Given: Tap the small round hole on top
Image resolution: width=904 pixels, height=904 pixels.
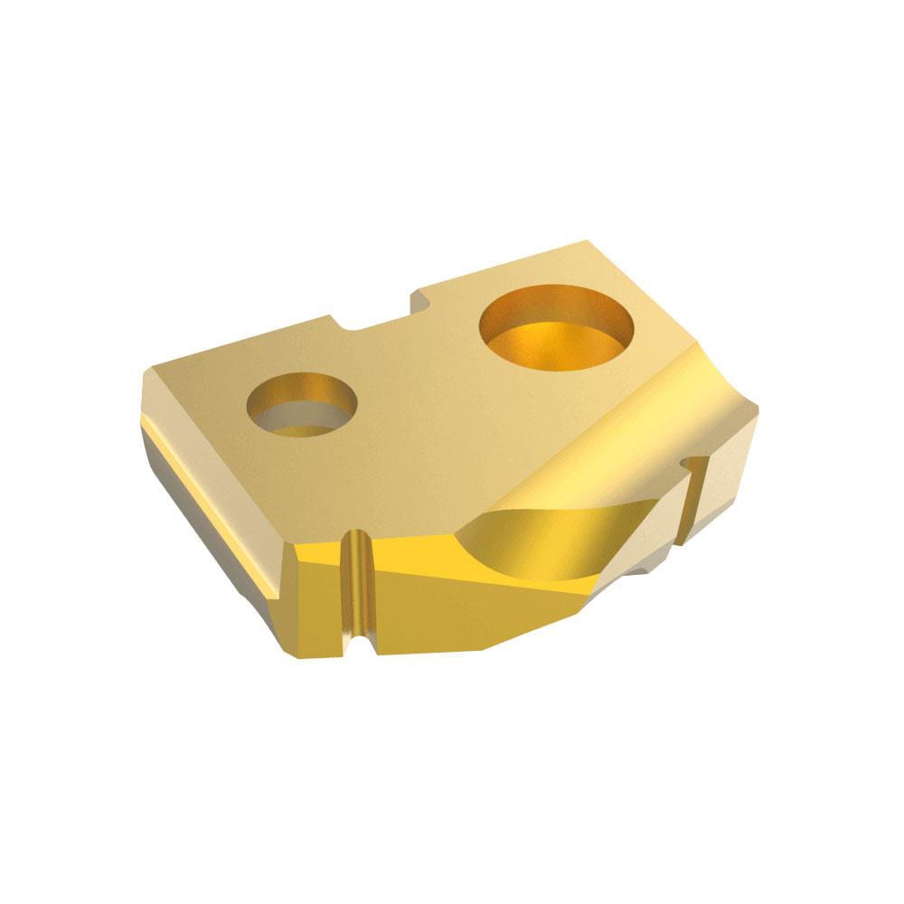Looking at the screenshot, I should (303, 405).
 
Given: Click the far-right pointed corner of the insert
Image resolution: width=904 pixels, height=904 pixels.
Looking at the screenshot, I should (756, 411).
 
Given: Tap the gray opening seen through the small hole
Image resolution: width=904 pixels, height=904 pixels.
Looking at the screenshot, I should (303, 418).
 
